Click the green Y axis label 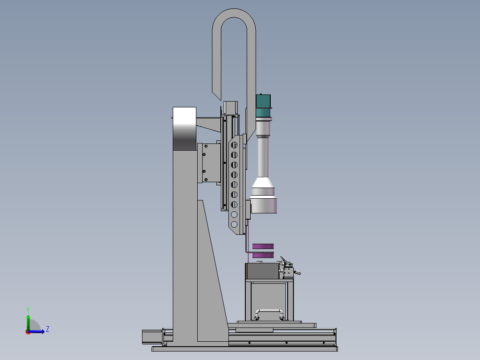tap(28, 310)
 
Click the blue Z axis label tap(48, 329)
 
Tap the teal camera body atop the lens tap(263, 106)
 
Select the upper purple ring tap(263, 246)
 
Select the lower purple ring tap(263, 255)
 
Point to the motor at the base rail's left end tap(152, 337)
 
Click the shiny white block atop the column tap(185, 129)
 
